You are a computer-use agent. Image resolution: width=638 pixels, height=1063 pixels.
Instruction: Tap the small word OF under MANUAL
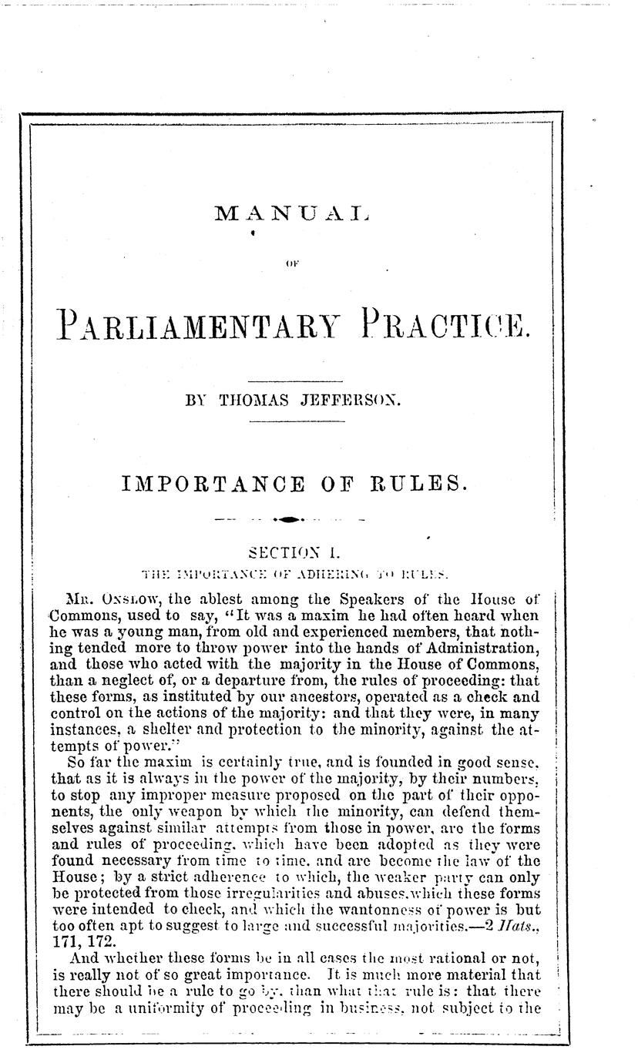coord(293,265)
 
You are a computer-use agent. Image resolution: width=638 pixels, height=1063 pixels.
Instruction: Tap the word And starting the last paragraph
coord(84,952)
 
